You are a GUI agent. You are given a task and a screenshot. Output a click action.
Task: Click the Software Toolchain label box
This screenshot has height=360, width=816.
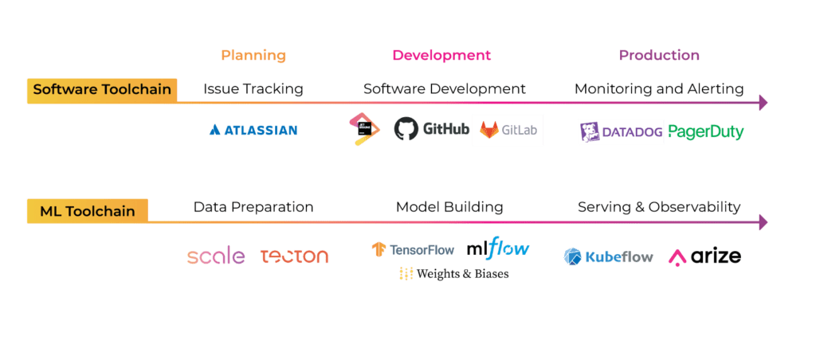pyautogui.click(x=102, y=89)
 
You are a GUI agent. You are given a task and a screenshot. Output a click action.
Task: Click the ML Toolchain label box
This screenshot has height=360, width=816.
pyautogui.click(x=87, y=210)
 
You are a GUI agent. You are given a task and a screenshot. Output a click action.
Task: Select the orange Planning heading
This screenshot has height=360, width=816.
pyautogui.click(x=253, y=56)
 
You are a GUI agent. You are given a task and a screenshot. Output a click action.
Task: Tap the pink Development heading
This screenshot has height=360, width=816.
pyautogui.click(x=441, y=56)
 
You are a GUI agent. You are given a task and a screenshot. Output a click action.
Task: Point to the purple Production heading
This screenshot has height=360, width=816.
pyautogui.click(x=659, y=56)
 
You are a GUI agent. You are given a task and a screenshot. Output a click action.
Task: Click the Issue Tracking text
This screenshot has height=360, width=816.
pyautogui.click(x=253, y=89)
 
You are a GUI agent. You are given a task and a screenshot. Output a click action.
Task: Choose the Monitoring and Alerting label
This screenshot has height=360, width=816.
pyautogui.click(x=659, y=89)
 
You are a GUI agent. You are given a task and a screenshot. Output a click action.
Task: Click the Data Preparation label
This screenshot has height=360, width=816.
pyautogui.click(x=253, y=207)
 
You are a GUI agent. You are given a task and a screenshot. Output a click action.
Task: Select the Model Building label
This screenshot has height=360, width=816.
pyautogui.click(x=449, y=207)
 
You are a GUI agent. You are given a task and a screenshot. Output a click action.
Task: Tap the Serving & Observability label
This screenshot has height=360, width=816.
pyautogui.click(x=659, y=207)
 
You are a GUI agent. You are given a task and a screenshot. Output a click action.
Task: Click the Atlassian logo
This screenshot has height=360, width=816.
pyautogui.click(x=253, y=130)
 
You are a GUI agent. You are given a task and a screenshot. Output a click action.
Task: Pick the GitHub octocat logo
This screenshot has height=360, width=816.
pyautogui.click(x=406, y=129)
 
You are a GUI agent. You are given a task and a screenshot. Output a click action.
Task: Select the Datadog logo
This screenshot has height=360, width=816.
pyautogui.click(x=621, y=131)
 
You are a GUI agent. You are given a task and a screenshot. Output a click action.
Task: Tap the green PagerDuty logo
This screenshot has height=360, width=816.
pyautogui.click(x=705, y=131)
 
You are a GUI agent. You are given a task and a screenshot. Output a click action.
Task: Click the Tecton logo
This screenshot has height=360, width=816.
pyautogui.click(x=294, y=256)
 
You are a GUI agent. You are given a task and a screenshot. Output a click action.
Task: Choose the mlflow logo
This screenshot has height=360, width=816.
pyautogui.click(x=498, y=249)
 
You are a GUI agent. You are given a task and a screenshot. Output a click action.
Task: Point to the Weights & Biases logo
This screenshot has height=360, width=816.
pyautogui.click(x=453, y=274)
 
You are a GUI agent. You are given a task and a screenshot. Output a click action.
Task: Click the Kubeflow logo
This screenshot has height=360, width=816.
pyautogui.click(x=609, y=256)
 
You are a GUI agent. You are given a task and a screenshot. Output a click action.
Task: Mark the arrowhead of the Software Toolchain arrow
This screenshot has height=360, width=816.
pyautogui.click(x=763, y=102)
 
